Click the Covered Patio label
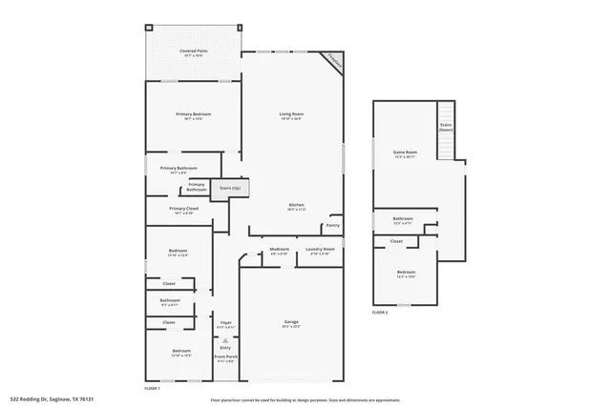196,53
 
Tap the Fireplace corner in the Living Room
333,60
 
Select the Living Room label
291,116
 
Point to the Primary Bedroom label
193,116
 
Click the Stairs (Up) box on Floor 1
229,189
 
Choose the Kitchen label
297,207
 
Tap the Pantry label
333,225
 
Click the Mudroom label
280,252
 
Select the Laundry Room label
319,252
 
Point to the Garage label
291,323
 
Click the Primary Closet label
184,210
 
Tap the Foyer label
226,324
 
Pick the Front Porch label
225,358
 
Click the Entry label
226,347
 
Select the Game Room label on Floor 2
406,153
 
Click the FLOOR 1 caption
152,389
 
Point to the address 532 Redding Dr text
53,399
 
